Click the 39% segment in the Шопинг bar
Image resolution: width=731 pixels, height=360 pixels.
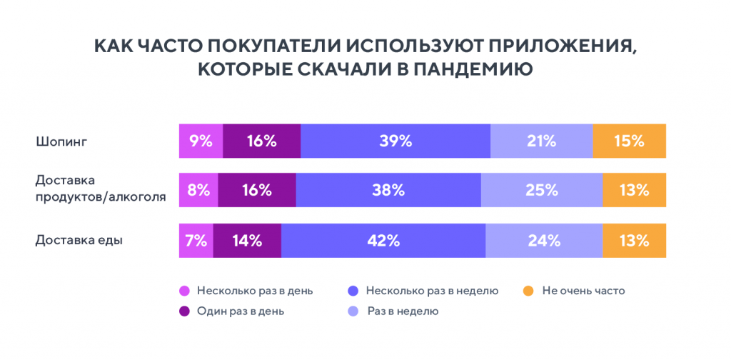pos(395,141)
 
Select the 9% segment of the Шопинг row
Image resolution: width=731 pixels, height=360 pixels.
pos(201,141)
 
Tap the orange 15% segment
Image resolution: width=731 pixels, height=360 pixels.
pos(629,141)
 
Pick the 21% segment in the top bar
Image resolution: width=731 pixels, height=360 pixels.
pos(541,141)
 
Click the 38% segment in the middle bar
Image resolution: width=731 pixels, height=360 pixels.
pos(388,190)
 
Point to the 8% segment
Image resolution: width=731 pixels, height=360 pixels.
pos(198,190)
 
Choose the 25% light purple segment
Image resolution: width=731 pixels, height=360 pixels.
pos(541,190)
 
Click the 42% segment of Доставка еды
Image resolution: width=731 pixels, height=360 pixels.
pos(383,240)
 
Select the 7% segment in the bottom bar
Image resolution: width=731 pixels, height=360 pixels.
pos(196,240)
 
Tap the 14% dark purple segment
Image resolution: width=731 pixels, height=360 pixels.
pos(247,240)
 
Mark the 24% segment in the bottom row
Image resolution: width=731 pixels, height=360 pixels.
pos(544,240)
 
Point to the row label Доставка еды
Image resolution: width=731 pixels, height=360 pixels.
pos(79,241)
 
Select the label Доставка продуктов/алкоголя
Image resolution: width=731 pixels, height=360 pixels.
pos(101,189)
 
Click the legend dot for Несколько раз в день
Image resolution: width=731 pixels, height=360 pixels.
pos(184,291)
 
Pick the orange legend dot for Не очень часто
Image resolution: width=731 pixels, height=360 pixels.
pos(528,291)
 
